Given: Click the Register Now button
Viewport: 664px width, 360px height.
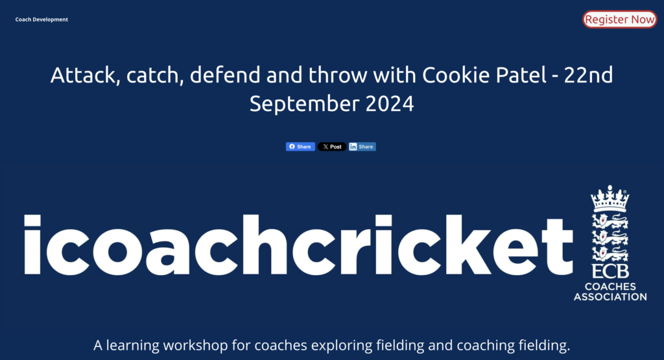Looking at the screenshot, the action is coord(619,19).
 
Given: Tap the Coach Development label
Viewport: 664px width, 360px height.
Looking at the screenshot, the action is coord(41,19).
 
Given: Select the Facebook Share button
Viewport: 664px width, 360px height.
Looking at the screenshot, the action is coord(300,147).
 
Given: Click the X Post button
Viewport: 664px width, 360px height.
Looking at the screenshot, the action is coord(332,147).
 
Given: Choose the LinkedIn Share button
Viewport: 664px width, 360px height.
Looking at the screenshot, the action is coord(362,147).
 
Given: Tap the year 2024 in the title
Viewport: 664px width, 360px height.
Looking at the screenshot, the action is coord(390,104).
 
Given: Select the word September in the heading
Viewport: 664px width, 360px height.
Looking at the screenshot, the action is coord(303,104).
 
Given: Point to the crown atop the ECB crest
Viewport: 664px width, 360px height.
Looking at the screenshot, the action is coord(610,198).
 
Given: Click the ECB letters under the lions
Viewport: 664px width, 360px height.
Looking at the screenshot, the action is coord(610,271).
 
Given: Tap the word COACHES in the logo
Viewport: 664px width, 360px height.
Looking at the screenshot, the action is coord(610,287).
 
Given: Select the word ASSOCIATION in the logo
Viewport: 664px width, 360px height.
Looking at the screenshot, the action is coord(610,297).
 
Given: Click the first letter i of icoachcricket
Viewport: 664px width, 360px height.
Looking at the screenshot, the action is coord(32,245).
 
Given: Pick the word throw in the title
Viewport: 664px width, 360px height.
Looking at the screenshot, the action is coord(338,75).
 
